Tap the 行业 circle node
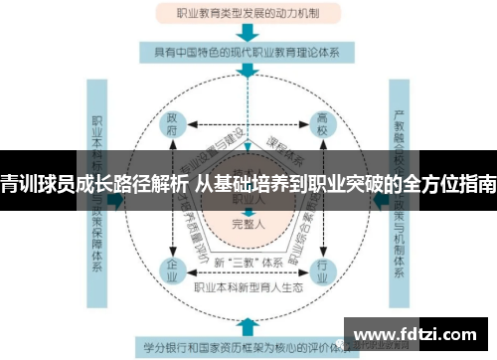(322, 269)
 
